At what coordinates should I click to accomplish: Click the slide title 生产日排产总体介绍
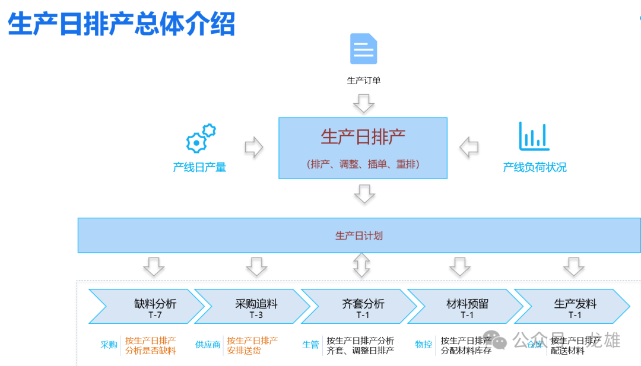[122, 24]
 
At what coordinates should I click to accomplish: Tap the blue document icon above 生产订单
[363, 49]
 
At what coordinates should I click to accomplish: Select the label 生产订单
[363, 80]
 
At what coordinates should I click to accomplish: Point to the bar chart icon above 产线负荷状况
[534, 136]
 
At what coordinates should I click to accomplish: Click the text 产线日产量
[199, 167]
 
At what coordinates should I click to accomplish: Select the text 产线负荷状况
[534, 167]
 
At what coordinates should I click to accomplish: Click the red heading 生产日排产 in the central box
[363, 137]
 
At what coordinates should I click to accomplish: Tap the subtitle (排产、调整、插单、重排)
[363, 164]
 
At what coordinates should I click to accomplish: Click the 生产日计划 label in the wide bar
[358, 235]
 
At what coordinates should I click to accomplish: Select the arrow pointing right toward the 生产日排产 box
[253, 148]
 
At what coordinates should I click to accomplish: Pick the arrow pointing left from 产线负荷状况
[469, 148]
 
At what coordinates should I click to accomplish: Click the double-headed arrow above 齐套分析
[361, 265]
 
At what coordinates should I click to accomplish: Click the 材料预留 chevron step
[467, 306]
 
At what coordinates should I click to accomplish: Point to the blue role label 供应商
[208, 345]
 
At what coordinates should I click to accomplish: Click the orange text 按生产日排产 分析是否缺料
[150, 346]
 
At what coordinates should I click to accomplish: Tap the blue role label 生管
[310, 345]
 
